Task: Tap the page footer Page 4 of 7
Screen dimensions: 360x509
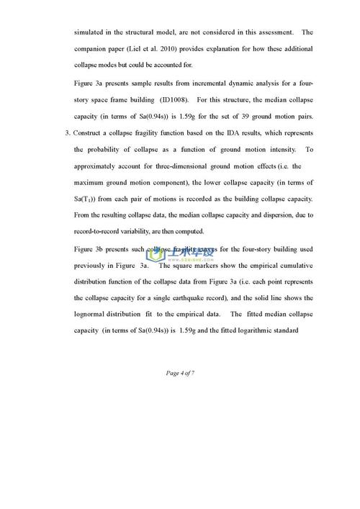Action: pos(180,372)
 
